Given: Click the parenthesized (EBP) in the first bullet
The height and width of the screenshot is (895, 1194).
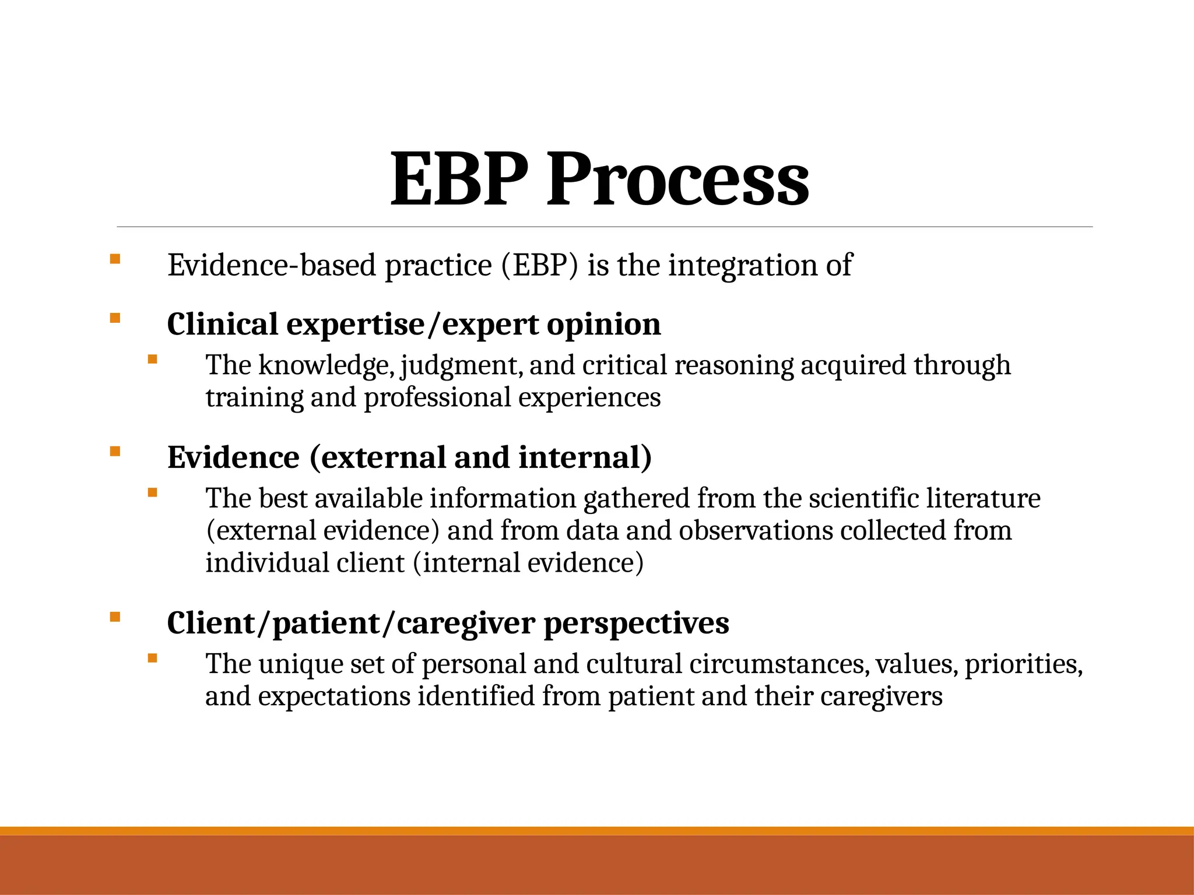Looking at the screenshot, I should point(539,265).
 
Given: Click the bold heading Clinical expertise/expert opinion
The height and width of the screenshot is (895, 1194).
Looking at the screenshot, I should point(414,324).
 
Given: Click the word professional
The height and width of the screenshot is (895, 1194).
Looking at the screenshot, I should point(437,397).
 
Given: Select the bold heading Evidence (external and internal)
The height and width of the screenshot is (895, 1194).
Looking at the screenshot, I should point(409,457).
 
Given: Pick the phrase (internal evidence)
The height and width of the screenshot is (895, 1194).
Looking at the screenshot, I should point(528,563).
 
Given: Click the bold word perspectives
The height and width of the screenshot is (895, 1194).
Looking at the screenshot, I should point(636,623).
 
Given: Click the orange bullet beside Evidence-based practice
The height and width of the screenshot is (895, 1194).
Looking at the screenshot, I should point(115,259).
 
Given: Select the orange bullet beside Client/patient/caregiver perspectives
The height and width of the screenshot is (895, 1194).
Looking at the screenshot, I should point(115,616).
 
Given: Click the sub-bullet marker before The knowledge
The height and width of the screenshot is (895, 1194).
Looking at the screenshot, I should point(153,360).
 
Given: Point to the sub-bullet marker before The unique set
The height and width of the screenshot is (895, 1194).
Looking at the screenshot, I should point(153,658).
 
